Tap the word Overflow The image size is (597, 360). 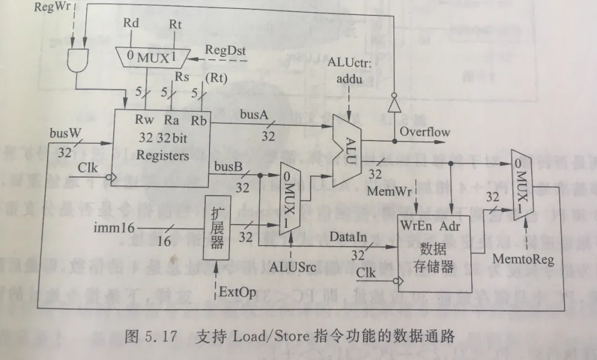[425, 132]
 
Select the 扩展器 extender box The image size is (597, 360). [216, 227]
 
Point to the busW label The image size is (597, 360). [66, 133]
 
